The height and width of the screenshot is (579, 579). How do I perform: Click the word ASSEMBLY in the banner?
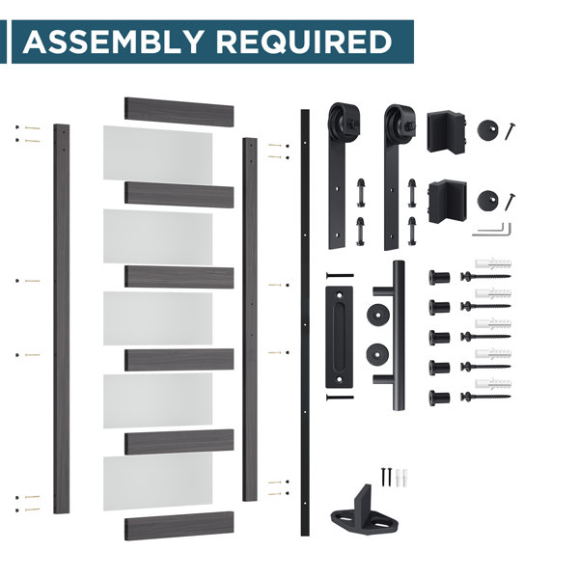[113, 41]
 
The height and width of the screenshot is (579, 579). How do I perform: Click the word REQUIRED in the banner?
[304, 42]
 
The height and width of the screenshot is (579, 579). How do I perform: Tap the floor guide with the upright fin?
[364, 511]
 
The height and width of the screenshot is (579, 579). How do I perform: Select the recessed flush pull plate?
[339, 337]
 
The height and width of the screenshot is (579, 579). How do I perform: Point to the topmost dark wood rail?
[179, 112]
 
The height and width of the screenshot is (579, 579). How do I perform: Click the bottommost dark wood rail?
[179, 526]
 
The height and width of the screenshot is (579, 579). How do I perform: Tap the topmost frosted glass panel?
[157, 154]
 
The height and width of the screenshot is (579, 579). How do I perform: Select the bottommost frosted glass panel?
[157, 482]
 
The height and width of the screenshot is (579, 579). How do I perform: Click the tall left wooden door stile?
[62, 318]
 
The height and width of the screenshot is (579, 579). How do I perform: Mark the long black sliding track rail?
[305, 322]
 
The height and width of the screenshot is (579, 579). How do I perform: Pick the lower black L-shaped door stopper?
[448, 201]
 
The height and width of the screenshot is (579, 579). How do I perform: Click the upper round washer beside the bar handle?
[378, 315]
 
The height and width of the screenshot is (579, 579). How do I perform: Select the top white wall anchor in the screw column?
[493, 263]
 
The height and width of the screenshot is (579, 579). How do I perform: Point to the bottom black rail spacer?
[439, 398]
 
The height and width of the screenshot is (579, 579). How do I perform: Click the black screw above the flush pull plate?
[340, 275]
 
